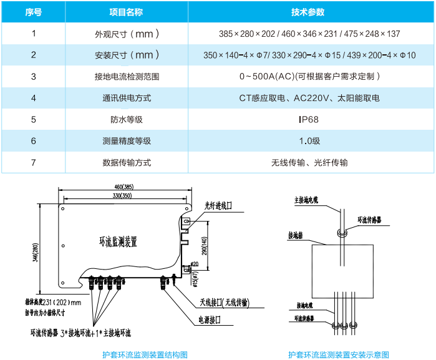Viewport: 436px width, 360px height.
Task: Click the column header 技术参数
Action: (x=309, y=12)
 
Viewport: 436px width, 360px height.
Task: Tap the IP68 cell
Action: (x=309, y=120)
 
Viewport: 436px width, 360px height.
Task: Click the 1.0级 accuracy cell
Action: (x=309, y=141)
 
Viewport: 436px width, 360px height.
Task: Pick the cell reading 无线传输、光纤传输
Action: (x=309, y=163)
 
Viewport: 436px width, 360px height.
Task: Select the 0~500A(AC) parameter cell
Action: (x=309, y=77)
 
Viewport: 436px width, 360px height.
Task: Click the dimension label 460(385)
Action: (x=125, y=187)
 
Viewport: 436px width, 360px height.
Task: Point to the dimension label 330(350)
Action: (x=125, y=196)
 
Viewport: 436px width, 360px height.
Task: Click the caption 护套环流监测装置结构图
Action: (x=145, y=354)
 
